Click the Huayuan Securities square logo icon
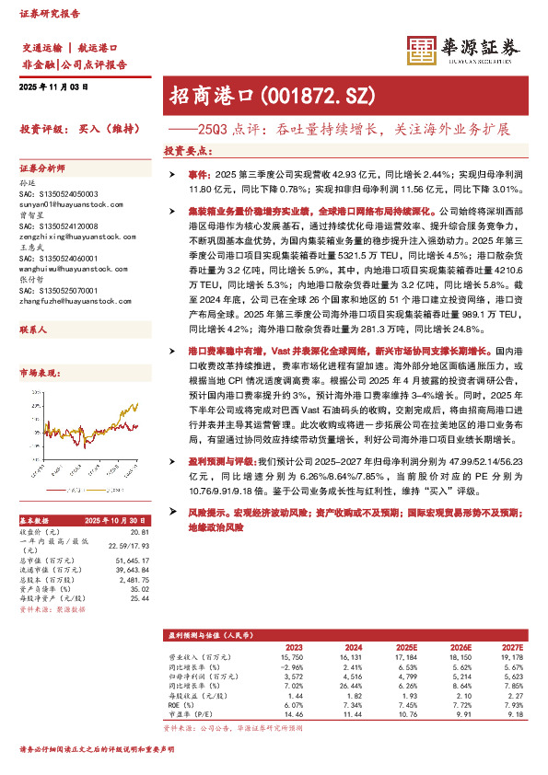pos(420,52)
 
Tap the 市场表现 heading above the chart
pos(38,372)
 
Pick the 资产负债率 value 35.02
pos(138,589)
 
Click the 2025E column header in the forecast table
pos(418,647)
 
